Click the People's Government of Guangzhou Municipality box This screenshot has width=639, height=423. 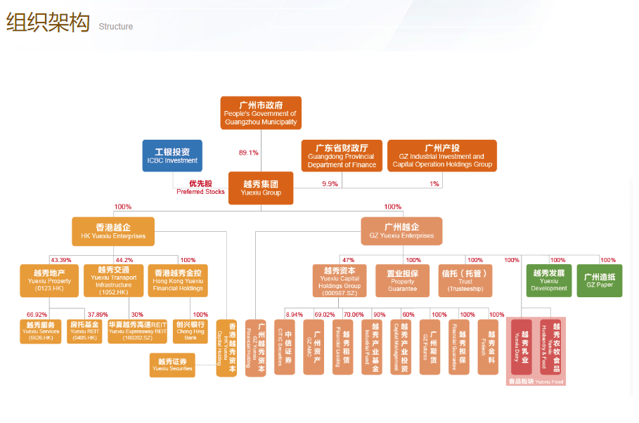(260, 112)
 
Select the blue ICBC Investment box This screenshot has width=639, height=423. (172, 156)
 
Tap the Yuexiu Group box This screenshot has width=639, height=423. (260, 188)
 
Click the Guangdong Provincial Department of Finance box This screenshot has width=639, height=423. (342, 156)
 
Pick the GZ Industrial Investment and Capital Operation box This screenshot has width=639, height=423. (441, 156)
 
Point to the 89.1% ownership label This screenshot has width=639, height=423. (249, 152)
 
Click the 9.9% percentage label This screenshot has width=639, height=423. (330, 183)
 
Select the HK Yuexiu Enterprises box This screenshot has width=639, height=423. (113, 231)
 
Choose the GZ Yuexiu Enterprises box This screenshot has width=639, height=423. (401, 231)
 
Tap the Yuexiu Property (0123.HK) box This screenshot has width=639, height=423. (49, 280)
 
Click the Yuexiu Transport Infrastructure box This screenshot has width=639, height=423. (113, 280)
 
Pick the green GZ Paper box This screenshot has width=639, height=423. (599, 280)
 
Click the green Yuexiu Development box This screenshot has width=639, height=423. (549, 280)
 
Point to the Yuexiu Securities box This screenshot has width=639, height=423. (172, 364)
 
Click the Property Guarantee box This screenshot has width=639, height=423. (402, 280)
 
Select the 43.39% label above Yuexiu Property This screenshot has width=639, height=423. (60, 260)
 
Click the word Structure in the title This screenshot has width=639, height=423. (115, 27)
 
